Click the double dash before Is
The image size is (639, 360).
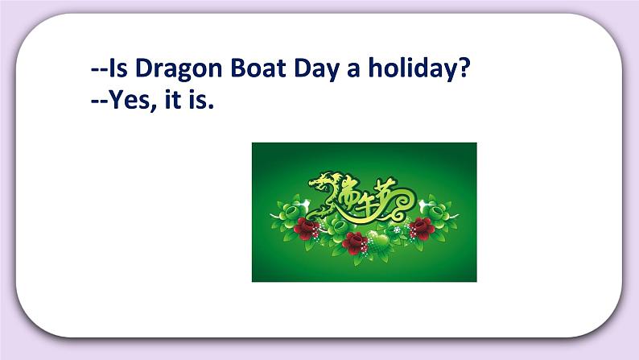pos(99,71)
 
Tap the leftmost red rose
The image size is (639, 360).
pos(304,227)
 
